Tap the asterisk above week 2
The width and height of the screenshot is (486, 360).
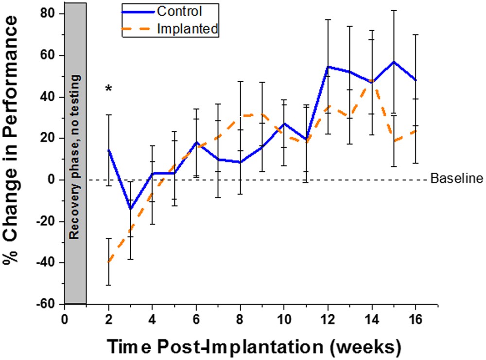point(109,89)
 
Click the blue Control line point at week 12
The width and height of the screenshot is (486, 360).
point(328,67)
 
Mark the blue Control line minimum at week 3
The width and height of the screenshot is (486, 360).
point(130,209)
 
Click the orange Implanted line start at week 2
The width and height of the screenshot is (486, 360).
point(109,262)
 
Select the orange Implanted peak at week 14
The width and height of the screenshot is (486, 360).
point(371,80)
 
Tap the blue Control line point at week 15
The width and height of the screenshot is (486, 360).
point(394,62)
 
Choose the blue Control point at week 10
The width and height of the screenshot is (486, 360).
point(284,124)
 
